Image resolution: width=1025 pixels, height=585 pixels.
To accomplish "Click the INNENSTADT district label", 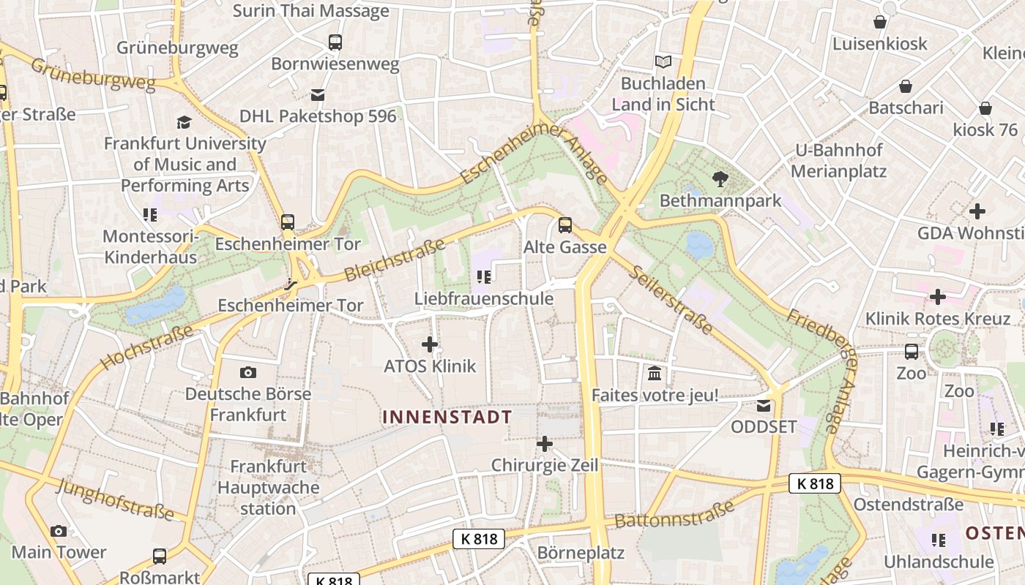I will tap(447, 417).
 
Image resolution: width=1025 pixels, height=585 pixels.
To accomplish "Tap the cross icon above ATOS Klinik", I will tap(430, 344).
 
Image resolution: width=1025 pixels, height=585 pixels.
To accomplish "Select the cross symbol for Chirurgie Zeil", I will tap(544, 443).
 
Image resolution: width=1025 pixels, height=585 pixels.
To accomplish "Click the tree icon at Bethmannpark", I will tap(720, 178).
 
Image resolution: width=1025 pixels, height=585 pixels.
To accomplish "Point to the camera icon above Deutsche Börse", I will tap(248, 372).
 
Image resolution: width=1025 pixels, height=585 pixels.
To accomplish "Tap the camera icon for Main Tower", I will tap(59, 531).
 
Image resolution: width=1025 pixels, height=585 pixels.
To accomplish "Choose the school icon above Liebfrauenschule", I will tap(483, 276).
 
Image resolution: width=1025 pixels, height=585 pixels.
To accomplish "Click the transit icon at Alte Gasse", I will tap(564, 225).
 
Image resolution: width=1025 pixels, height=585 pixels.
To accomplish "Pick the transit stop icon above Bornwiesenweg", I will tap(335, 42).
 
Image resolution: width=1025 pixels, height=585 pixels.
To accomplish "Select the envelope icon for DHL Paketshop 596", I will tap(318, 94).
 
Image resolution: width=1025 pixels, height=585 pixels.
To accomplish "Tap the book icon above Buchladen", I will tap(663, 61).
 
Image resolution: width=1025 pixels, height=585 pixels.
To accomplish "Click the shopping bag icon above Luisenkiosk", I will tap(879, 23).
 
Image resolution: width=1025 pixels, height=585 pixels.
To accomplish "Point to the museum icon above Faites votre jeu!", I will tap(655, 374).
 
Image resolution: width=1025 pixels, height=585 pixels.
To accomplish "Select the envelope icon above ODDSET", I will tap(764, 405).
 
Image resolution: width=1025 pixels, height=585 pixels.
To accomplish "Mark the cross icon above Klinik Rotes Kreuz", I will tap(937, 297).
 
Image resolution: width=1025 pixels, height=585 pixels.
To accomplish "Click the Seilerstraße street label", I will tap(671, 300).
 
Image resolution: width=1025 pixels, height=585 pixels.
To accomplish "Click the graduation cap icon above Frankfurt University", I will tap(184, 122).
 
